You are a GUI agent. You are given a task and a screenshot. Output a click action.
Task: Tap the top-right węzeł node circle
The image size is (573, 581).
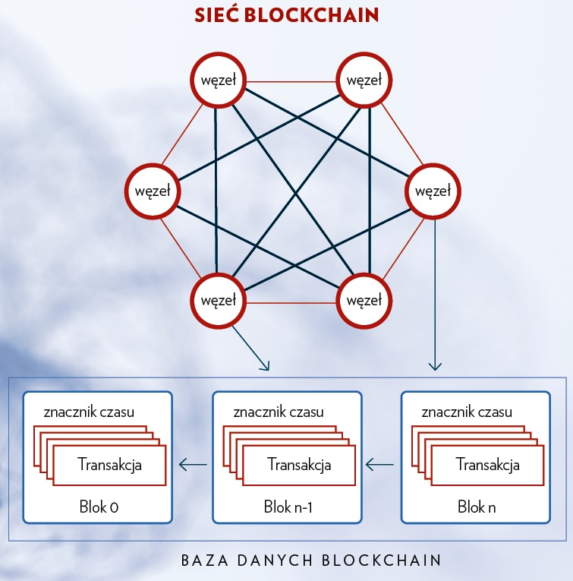[x=365, y=79]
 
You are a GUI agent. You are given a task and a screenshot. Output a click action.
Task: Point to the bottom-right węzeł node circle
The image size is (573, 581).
[x=365, y=299]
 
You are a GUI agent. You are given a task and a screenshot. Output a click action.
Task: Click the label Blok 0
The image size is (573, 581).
[x=98, y=507]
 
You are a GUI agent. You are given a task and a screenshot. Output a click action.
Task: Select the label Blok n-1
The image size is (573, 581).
[x=287, y=507]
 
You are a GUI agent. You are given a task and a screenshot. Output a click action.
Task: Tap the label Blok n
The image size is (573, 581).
[x=477, y=507]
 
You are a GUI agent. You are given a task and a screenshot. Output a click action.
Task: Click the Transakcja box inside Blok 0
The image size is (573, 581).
[x=109, y=464]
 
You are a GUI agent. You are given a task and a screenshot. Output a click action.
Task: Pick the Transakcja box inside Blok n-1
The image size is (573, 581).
[x=299, y=464]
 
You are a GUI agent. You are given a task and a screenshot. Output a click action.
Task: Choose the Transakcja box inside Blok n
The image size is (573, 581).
[x=487, y=464]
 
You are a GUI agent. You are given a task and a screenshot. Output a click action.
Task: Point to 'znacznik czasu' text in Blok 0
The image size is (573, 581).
[x=90, y=412]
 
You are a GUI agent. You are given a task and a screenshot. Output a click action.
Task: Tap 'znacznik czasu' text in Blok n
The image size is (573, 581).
[x=467, y=412]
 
